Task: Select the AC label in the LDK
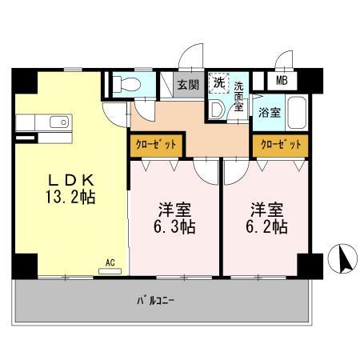point(110,262)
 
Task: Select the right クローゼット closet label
point(279,145)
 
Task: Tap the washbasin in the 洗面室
point(217,110)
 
